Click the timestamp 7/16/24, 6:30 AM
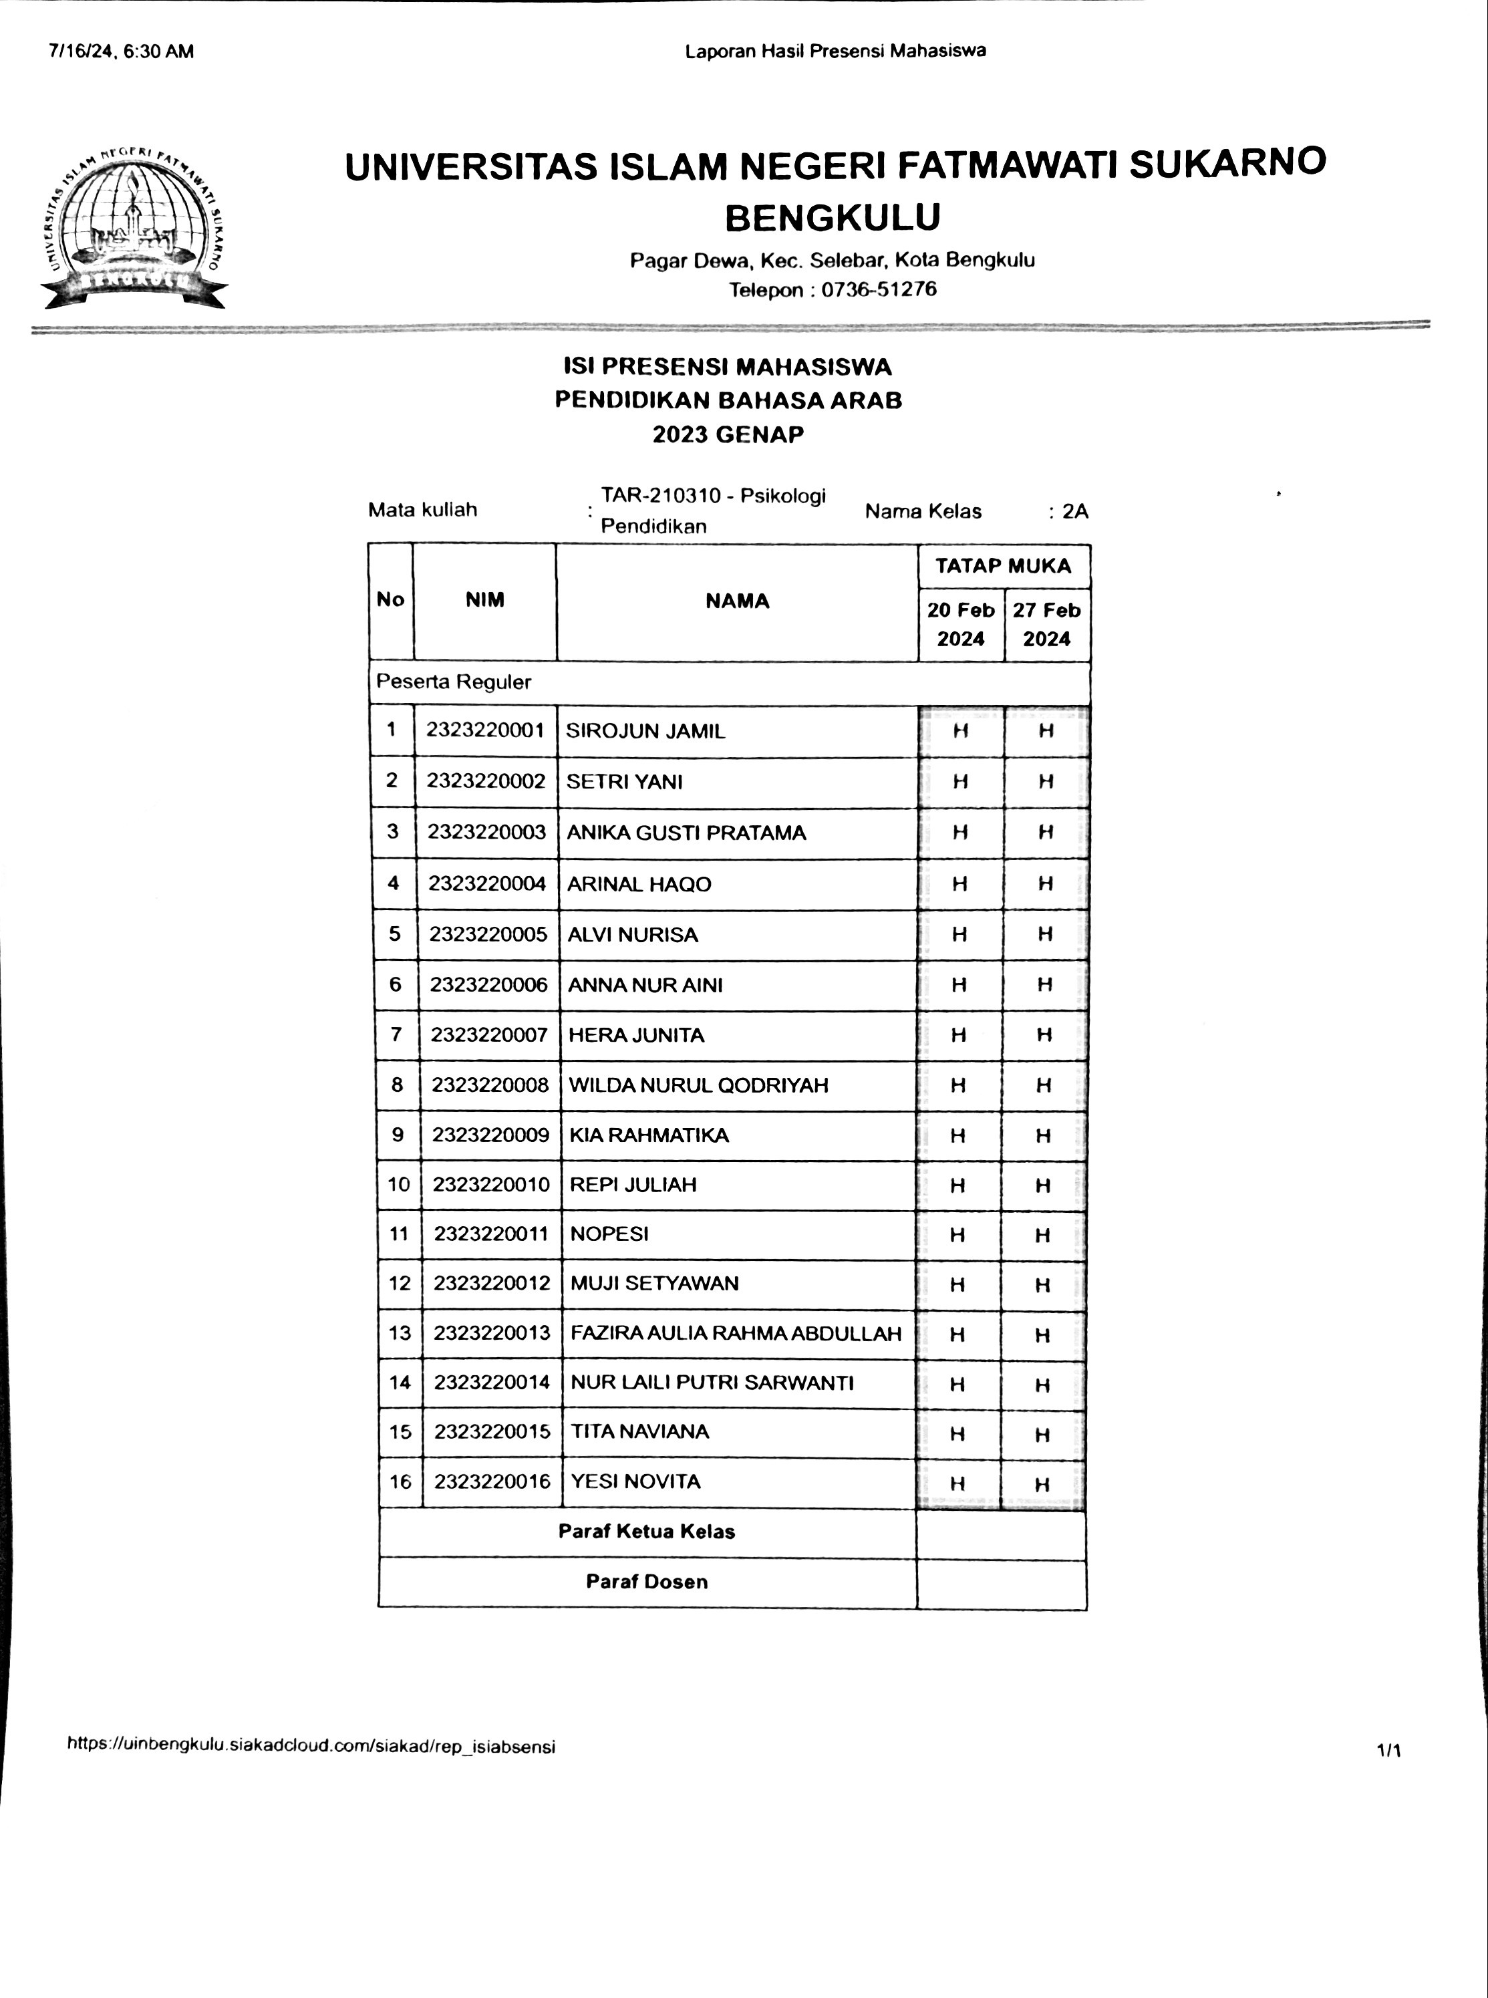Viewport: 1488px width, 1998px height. coord(122,51)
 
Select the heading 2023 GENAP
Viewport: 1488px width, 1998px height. coord(728,434)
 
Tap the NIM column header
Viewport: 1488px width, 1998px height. coord(484,600)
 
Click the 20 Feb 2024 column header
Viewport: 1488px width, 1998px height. coord(960,624)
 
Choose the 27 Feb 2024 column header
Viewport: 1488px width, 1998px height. coord(1046,624)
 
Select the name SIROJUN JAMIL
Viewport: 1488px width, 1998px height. coord(645,730)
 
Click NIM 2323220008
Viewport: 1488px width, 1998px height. coord(489,1085)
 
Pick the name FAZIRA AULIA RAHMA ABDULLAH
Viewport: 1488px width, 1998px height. coord(735,1333)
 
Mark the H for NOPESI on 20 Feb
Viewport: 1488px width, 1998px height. coord(957,1235)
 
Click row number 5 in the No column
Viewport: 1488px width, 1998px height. coord(394,934)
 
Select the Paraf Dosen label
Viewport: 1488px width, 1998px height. coord(647,1582)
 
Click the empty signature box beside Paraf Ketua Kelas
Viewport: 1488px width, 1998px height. coord(1001,1532)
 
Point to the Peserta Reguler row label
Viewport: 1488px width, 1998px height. coord(453,682)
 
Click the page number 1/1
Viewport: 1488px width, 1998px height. coord(1388,1750)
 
